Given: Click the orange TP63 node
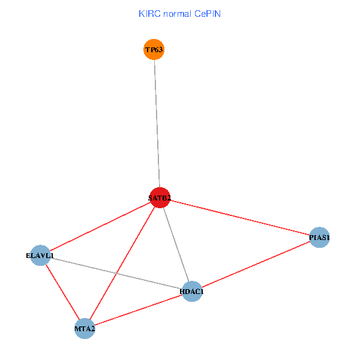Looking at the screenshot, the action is point(154,49).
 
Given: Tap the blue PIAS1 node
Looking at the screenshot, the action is point(320,238).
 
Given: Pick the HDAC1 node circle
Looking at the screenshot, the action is point(191,291).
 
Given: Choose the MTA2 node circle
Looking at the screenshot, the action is point(85,328).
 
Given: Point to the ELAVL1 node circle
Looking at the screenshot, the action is point(40,256).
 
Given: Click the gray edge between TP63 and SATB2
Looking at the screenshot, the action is point(157,123).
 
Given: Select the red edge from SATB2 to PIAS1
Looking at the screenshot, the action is point(240,217).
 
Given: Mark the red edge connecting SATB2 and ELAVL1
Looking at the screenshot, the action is point(100,226).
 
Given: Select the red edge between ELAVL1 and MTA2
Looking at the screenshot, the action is point(62,292).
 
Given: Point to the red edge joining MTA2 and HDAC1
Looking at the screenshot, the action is point(138,310).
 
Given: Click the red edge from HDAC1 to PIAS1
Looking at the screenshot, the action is point(256,265).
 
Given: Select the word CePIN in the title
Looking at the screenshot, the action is point(208,13).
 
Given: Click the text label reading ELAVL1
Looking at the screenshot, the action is point(40,256).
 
